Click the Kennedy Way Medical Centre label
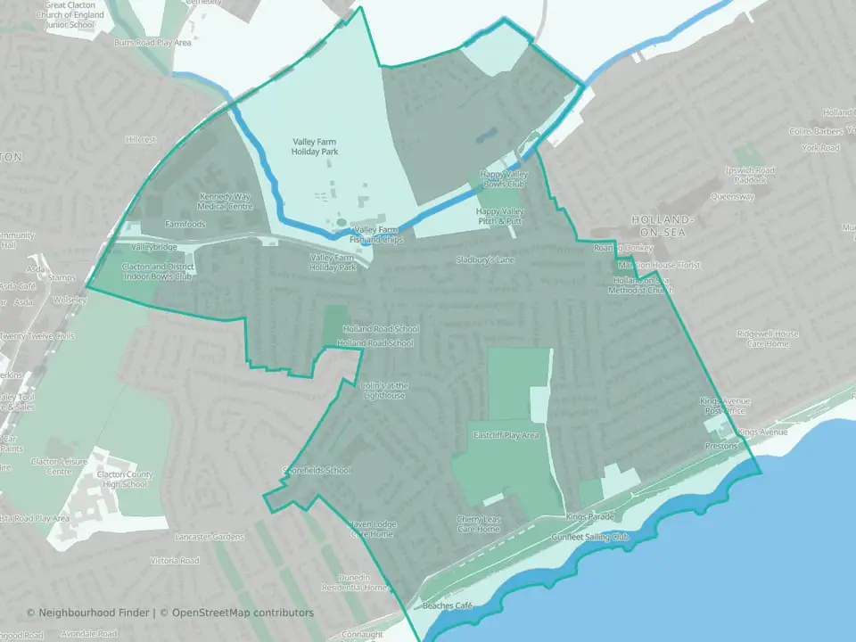click(226, 201)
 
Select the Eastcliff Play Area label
click(507, 435)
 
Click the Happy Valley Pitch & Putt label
click(499, 216)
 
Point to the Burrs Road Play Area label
click(152, 42)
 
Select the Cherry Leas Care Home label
click(479, 523)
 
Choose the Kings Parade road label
click(590, 517)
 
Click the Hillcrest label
click(141, 140)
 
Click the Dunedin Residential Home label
click(355, 582)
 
